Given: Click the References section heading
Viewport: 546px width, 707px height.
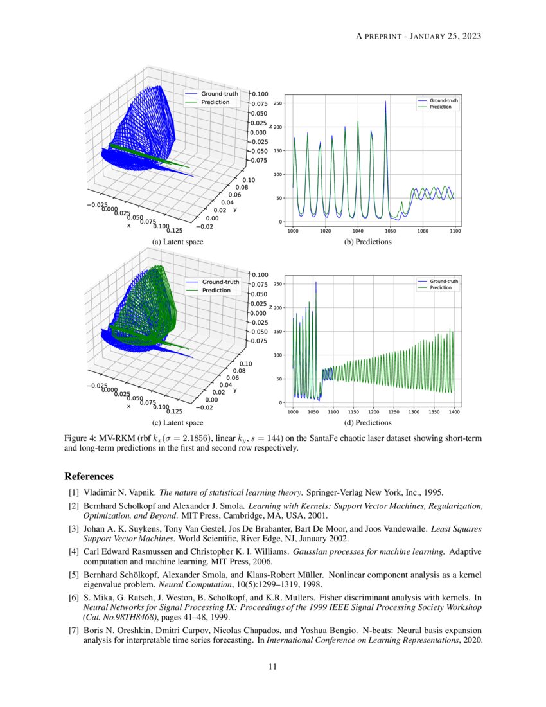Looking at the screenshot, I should click(x=89, y=477).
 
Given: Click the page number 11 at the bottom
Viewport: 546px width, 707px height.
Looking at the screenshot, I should click(x=272, y=667).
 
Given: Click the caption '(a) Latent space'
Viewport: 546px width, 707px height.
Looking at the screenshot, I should click(x=177, y=242).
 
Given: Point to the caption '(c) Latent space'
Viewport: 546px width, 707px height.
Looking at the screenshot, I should click(x=177, y=422).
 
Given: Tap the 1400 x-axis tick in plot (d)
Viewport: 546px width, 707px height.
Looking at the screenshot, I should click(x=454, y=411).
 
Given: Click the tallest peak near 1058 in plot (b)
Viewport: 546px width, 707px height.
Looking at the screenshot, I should click(x=385, y=102).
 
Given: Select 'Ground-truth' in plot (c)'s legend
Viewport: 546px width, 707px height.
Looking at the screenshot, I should click(x=220, y=282).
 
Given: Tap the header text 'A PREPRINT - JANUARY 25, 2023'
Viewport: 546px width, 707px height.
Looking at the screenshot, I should click(x=418, y=36).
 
